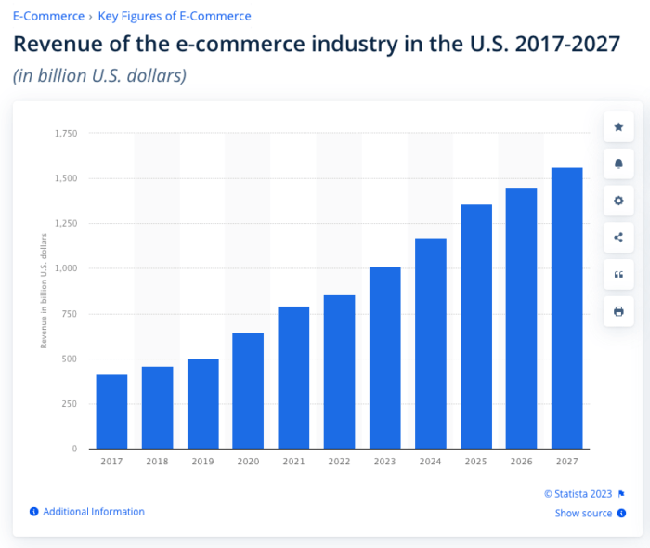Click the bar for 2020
coord(248,390)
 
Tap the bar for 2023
coord(384,358)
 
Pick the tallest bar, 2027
coord(566,307)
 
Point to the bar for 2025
coord(475,326)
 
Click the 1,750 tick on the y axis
coord(65,134)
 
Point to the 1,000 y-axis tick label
coord(65,268)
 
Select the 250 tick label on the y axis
coord(69,404)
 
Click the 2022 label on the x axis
coord(339,461)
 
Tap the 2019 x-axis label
coord(202,461)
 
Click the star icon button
coord(618,127)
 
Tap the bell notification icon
coord(618,163)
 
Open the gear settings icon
coord(618,201)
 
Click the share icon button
coord(618,237)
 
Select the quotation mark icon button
coord(618,274)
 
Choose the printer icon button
coord(618,310)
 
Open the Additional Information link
coord(93,512)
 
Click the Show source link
coord(583,514)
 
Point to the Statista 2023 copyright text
coord(578,494)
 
